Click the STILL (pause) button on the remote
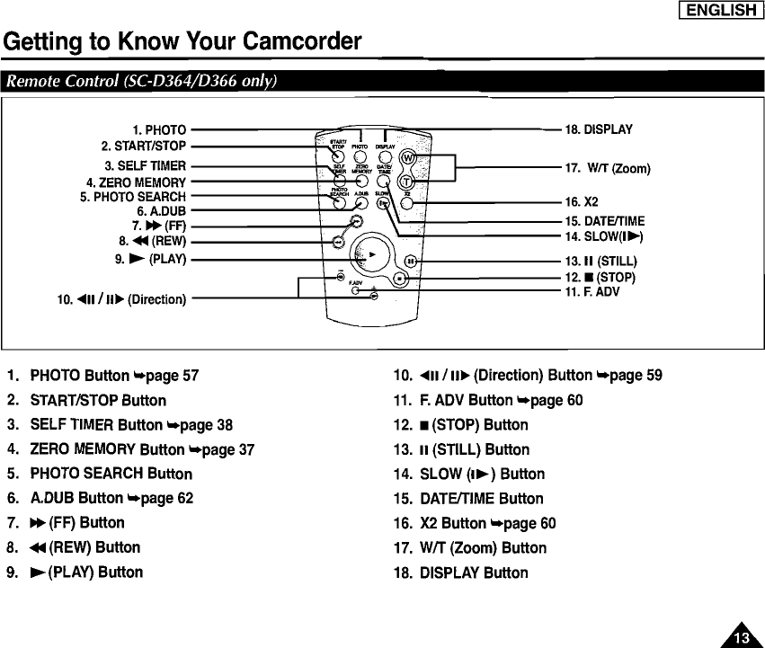[410, 261]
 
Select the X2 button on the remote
[407, 203]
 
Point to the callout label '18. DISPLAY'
[599, 129]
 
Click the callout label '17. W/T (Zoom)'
[607, 168]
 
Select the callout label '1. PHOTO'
[159, 130]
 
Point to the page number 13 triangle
[740, 635]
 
